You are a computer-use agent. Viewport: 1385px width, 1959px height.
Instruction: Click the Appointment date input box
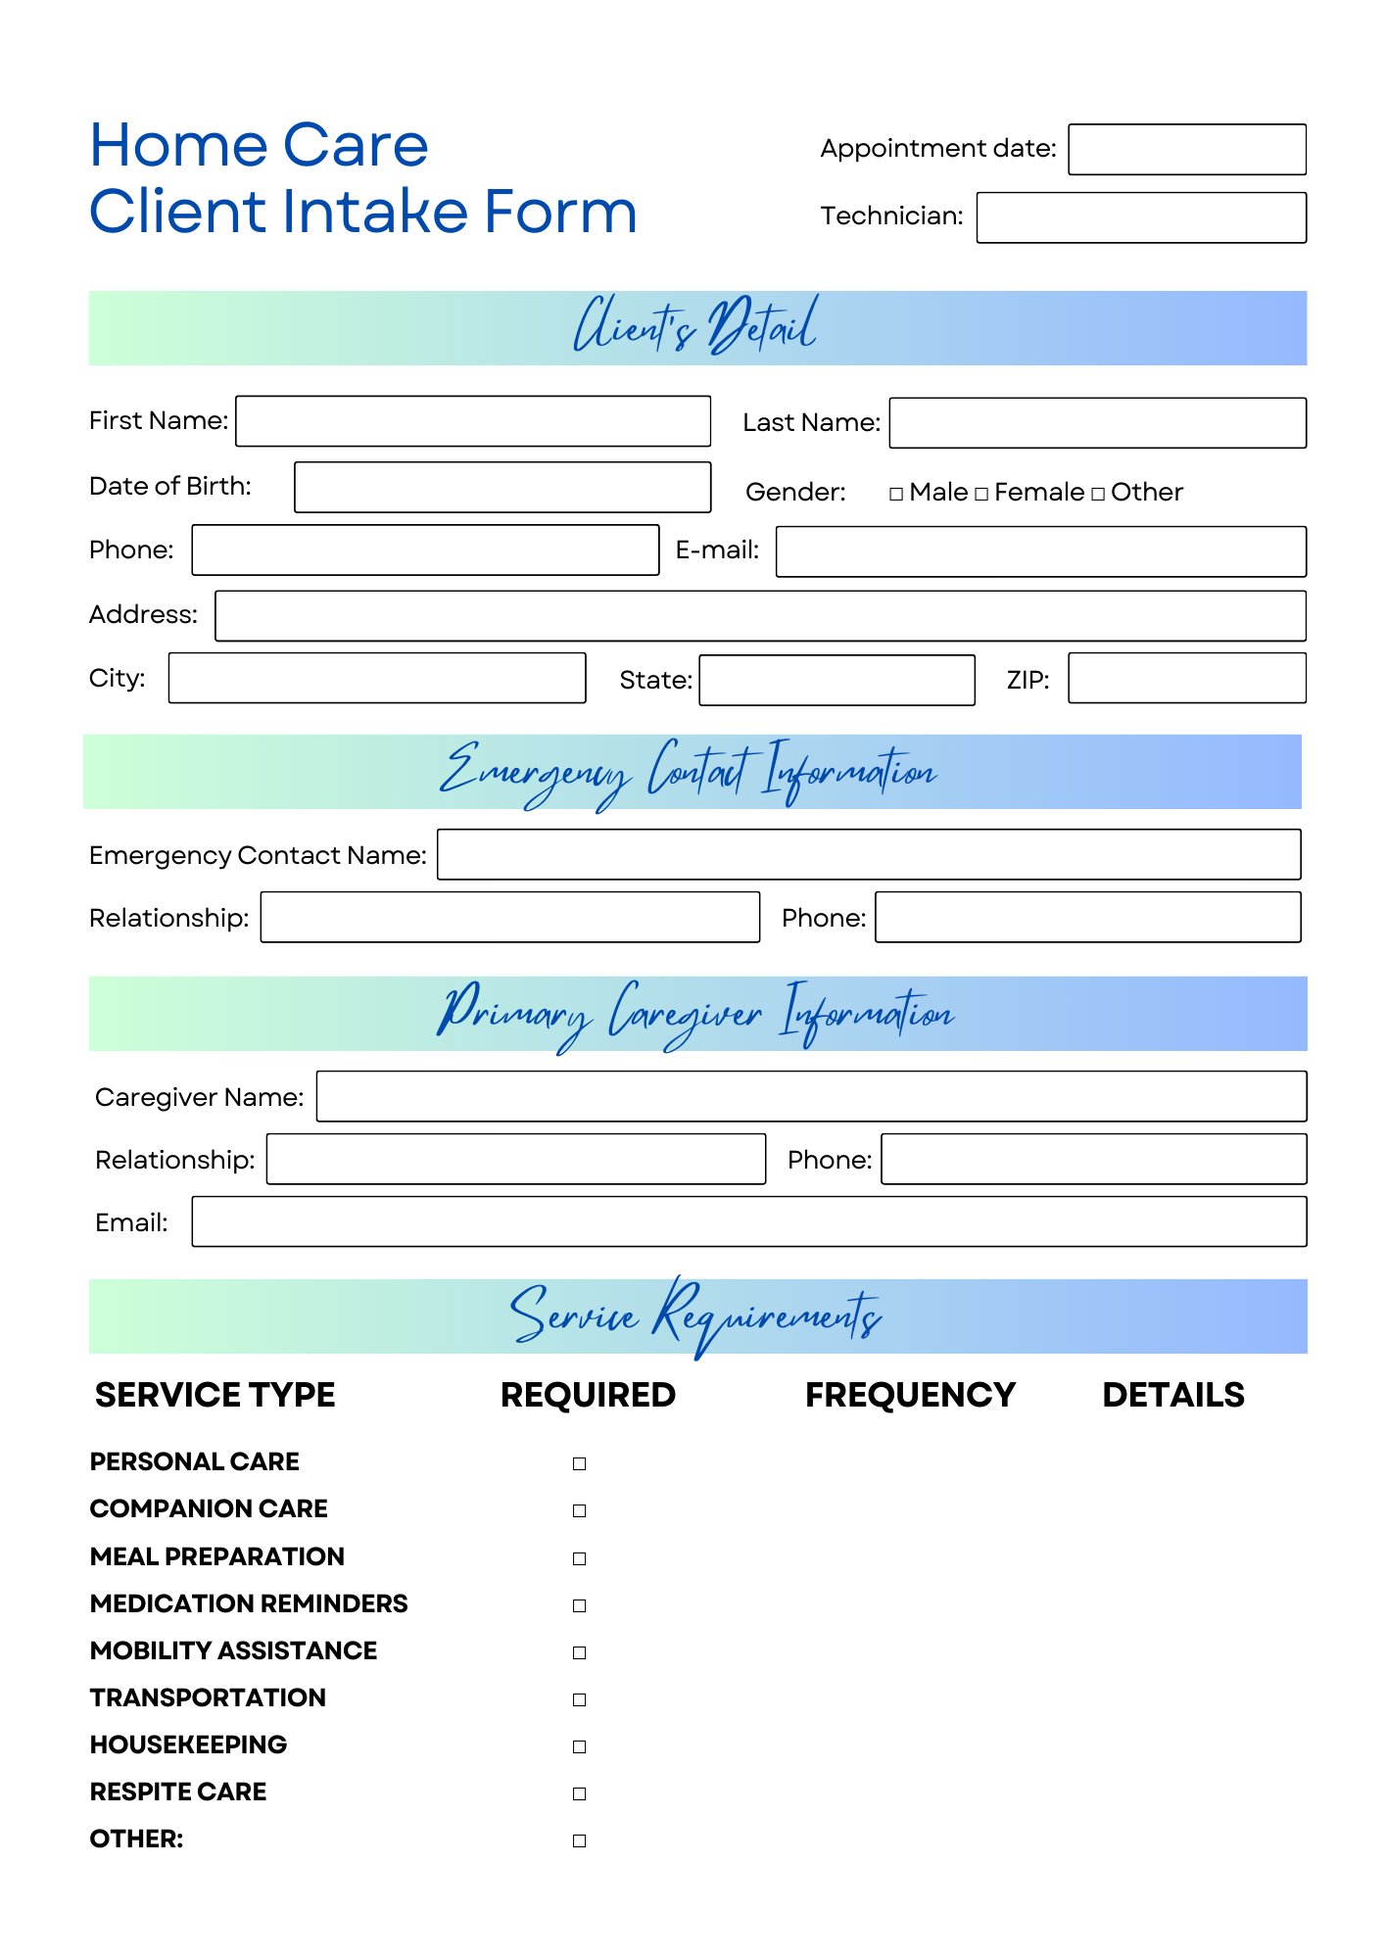(1186, 150)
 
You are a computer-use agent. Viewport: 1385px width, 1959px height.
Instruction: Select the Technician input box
(1141, 217)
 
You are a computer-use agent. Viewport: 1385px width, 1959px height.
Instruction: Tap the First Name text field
(473, 421)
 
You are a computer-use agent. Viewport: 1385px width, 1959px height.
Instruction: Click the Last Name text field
(1097, 423)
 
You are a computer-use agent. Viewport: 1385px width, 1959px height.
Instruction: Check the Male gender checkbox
(896, 494)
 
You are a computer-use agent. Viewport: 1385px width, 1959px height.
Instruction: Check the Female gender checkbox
(981, 494)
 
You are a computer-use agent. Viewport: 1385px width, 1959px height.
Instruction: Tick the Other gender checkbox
(1098, 494)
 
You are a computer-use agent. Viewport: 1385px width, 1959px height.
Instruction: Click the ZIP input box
(1186, 679)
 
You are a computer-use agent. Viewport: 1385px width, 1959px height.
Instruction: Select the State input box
(836, 681)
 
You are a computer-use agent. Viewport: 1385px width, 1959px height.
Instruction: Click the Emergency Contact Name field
(869, 855)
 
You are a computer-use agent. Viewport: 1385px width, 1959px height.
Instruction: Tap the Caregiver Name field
(811, 1096)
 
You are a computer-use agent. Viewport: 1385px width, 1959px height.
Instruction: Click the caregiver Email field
(748, 1221)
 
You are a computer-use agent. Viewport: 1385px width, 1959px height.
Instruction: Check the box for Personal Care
(580, 1463)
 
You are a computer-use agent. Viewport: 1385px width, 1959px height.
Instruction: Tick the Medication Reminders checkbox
(580, 1605)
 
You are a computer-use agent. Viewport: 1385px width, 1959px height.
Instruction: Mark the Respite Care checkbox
(580, 1793)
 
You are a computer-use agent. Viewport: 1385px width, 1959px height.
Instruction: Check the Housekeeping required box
(580, 1746)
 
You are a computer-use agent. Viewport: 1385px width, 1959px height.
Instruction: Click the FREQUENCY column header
(910, 1395)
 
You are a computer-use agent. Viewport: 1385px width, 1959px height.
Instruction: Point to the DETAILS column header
(1173, 1395)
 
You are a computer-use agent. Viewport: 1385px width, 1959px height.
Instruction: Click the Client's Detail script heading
(695, 327)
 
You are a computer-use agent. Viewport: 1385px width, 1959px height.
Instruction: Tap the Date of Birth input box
(502, 488)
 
